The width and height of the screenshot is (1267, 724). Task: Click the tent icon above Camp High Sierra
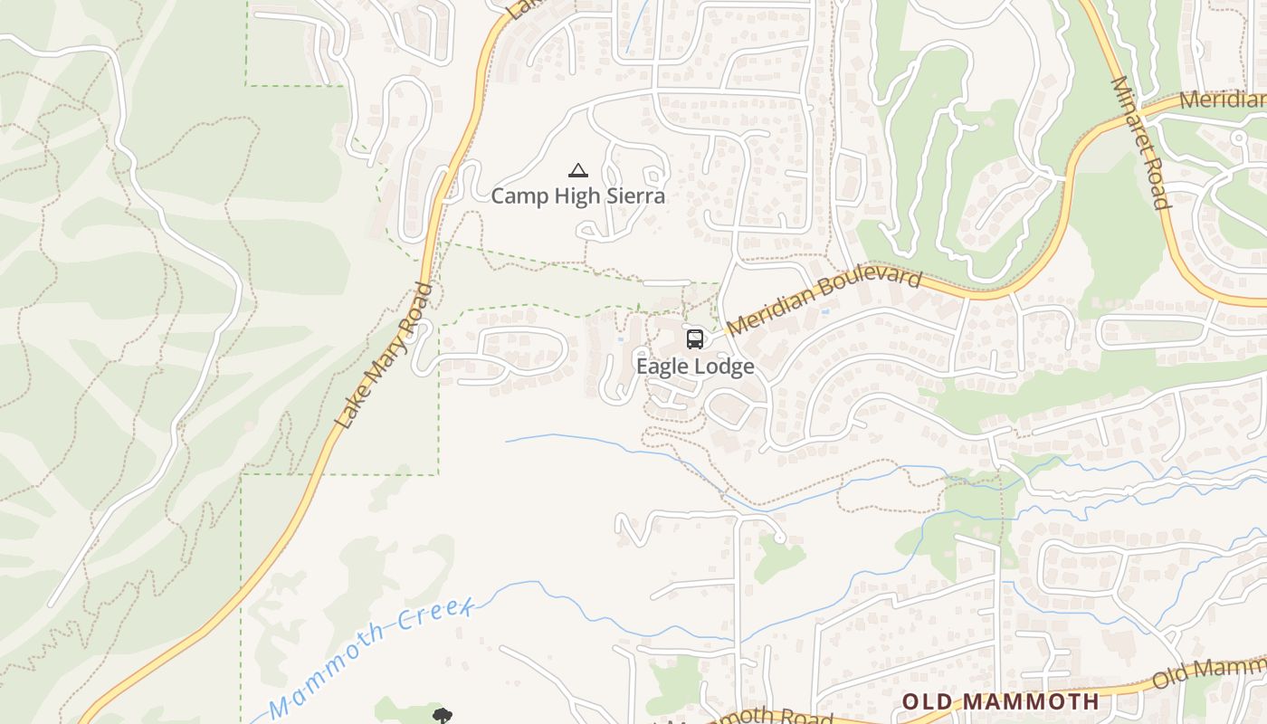pos(577,169)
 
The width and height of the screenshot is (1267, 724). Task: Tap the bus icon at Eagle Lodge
pos(694,339)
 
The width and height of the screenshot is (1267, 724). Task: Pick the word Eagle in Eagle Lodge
pos(662,367)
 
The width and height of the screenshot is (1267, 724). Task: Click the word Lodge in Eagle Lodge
pos(724,367)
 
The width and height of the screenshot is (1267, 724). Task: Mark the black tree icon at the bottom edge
pos(442,717)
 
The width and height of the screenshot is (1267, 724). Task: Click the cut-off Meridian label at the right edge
pos(1222,100)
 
